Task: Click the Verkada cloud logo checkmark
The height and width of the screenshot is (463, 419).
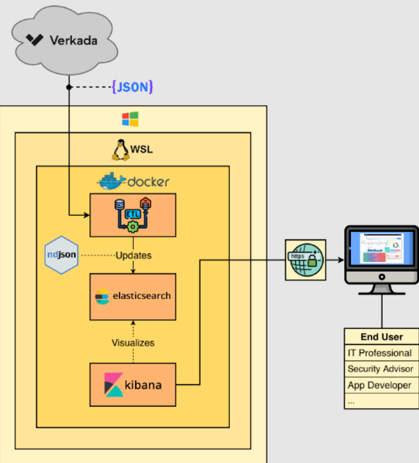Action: click(34, 40)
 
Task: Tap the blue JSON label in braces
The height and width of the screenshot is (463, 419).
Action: click(132, 87)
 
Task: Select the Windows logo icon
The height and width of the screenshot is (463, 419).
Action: click(130, 119)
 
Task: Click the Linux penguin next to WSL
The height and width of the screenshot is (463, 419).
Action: click(120, 150)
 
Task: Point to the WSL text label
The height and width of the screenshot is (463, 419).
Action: click(142, 149)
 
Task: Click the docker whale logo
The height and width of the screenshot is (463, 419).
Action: click(111, 182)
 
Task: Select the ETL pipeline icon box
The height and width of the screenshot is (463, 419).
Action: click(132, 215)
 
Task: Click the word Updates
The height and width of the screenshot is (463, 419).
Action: click(134, 255)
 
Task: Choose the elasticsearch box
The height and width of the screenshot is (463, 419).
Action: click(132, 296)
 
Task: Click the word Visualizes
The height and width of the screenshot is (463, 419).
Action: click(133, 342)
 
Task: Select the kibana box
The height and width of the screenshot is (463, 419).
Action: click(132, 384)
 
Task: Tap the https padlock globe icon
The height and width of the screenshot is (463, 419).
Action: click(305, 260)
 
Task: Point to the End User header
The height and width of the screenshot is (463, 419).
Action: click(381, 337)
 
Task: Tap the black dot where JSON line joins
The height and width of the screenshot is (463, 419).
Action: click(69, 87)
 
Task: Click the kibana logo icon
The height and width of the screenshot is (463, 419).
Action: click(114, 385)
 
